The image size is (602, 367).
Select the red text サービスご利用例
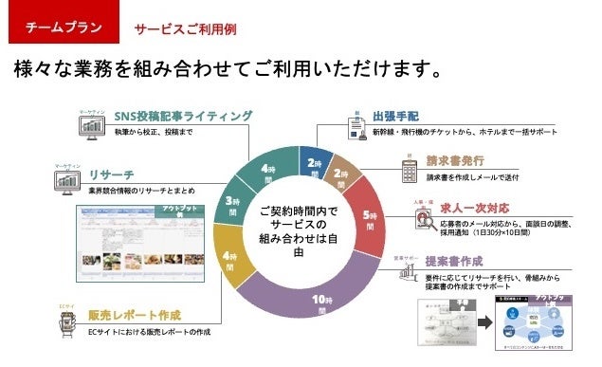point(185,29)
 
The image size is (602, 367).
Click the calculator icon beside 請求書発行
point(410,172)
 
